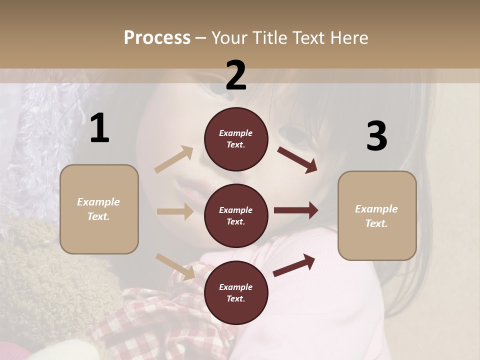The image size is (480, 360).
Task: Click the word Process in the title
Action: coord(157,38)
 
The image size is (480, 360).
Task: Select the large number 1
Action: coord(99,128)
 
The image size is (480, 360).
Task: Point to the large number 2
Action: coord(236,75)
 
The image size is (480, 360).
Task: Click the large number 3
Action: coord(376,136)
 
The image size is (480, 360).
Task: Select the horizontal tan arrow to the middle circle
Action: coord(175,211)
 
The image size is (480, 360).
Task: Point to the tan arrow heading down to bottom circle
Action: coord(175,266)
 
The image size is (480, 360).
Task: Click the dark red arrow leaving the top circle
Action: coord(297,159)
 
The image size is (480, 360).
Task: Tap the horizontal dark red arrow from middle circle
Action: coord(296,210)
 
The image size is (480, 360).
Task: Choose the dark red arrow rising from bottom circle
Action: coord(294,265)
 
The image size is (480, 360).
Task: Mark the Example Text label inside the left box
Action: coord(98,209)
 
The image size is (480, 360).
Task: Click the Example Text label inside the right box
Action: coord(376,216)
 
